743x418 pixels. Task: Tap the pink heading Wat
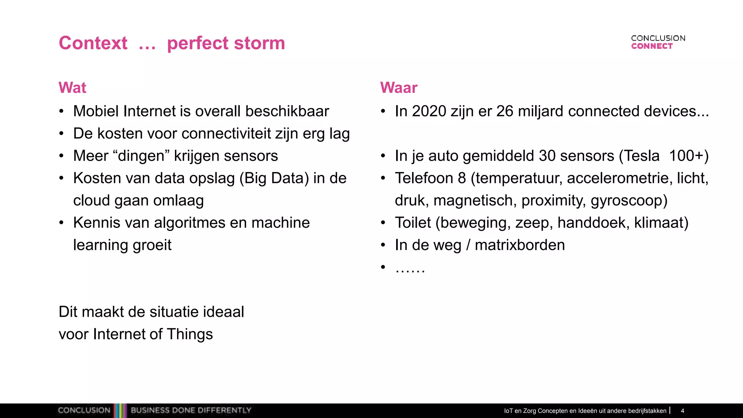tap(73, 88)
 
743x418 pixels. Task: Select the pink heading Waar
tap(399, 88)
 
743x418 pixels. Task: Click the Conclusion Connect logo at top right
tap(658, 42)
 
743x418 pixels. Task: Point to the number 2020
tap(429, 111)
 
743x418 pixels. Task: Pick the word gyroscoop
tap(628, 201)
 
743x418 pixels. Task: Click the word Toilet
tap(413, 223)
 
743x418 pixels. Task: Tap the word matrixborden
tap(520, 245)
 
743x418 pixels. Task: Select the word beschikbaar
tap(287, 111)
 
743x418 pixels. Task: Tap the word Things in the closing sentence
tap(190, 334)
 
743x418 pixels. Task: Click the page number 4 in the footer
tap(682, 411)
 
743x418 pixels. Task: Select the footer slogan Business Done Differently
tap(191, 410)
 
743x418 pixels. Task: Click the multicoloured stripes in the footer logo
tap(120, 410)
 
